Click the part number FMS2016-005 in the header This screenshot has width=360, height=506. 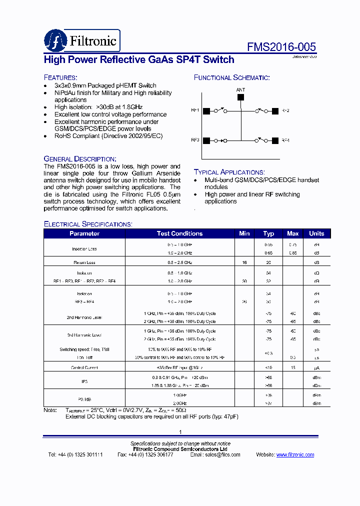coord(281,47)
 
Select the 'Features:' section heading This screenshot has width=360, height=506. coord(60,77)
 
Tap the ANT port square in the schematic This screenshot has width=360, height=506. coord(240,97)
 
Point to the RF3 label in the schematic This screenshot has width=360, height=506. coord(195,140)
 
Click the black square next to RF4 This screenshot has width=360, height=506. coord(274,140)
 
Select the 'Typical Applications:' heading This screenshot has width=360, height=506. coord(229,171)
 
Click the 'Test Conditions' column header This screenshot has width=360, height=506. coord(179,233)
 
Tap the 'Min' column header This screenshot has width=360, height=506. coord(244,233)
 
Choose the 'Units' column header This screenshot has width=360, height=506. coord(316,233)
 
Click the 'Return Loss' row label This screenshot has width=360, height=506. coord(84,262)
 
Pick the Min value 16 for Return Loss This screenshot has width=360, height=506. coord(244,262)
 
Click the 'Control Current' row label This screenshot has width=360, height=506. coord(84,367)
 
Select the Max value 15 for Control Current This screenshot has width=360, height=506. coord(293,367)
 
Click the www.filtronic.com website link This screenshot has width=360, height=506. coord(295,454)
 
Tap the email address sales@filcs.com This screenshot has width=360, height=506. coord(223,454)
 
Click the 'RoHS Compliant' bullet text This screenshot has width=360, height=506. coord(108,136)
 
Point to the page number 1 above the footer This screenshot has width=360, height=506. coord(180,432)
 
